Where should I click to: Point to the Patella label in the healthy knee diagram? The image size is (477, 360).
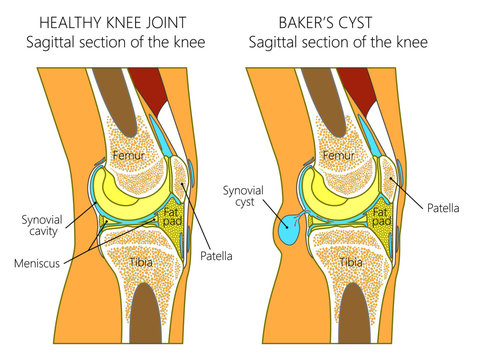click(x=217, y=256)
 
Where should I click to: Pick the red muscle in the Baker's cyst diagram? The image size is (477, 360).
click(x=363, y=85)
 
